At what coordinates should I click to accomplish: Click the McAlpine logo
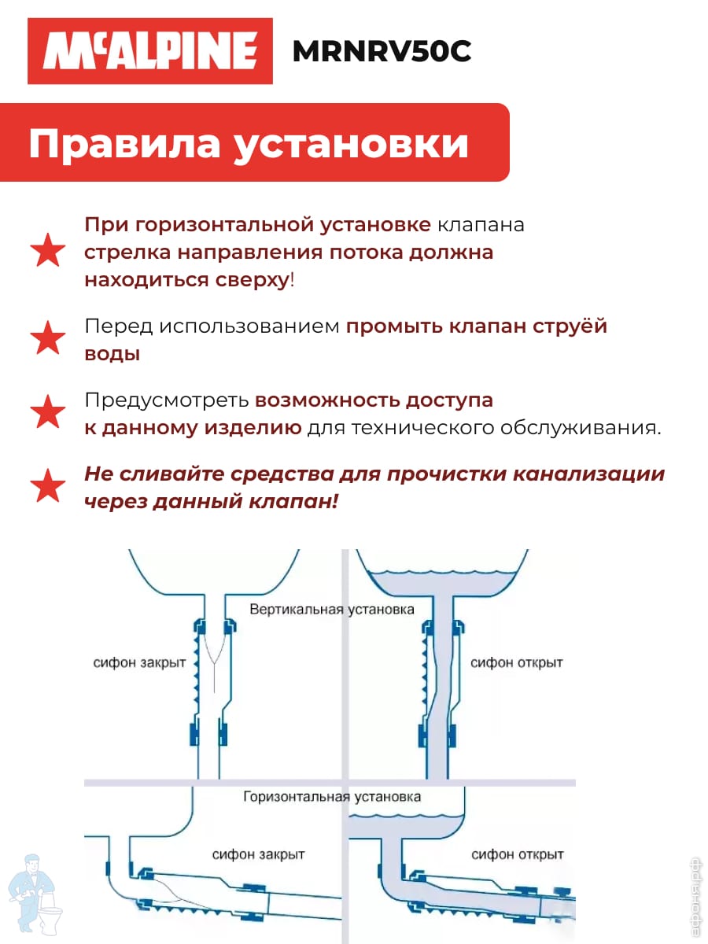click(x=150, y=51)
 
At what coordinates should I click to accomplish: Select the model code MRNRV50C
click(x=382, y=51)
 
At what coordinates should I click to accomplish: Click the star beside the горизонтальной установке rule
click(x=48, y=250)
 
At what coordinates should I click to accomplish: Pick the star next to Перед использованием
click(x=48, y=337)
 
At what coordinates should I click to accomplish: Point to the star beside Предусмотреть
click(x=48, y=411)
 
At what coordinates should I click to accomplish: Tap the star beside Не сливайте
click(x=48, y=485)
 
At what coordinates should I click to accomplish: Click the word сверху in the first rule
click(x=253, y=280)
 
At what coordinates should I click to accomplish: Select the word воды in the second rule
click(x=112, y=354)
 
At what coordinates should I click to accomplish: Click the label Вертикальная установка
click(x=332, y=609)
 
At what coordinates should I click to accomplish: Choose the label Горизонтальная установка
click(x=332, y=796)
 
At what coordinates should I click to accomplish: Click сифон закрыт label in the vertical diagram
click(x=139, y=662)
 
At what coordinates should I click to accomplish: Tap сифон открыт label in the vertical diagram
click(x=516, y=662)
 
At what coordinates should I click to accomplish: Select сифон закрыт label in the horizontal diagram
click(x=258, y=854)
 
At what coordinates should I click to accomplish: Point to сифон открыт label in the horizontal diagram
click(x=517, y=854)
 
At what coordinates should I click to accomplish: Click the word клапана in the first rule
click(x=481, y=225)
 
